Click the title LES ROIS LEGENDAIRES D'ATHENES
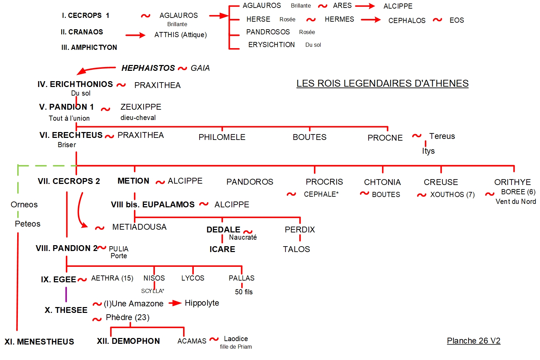point(382,84)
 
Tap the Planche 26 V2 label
point(473,341)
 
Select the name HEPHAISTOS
point(148,68)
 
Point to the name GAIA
point(200,68)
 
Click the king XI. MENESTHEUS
point(39,342)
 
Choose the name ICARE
point(222,249)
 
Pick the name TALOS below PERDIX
point(296,249)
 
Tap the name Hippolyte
point(202,303)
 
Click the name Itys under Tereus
point(428,151)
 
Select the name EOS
point(457,20)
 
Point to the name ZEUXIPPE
point(141,107)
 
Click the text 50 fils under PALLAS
point(244,292)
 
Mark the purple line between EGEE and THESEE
point(66,295)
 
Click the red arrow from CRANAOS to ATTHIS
point(135,35)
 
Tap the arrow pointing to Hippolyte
point(175,303)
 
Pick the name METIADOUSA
point(139,227)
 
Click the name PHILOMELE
point(222,137)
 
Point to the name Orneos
point(24,205)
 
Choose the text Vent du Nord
point(516,201)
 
